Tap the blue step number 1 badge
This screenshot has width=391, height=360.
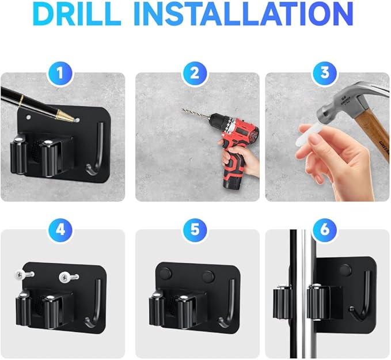coord(60,73)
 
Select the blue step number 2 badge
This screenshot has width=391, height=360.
coord(195,73)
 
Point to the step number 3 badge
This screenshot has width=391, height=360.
coord(325,73)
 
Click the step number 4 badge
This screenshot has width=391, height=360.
coord(60,229)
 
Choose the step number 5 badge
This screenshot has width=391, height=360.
coord(195,229)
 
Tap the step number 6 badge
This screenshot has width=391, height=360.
coord(325,229)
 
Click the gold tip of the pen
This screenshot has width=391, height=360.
coord(65,116)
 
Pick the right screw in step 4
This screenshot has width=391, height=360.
coord(68,277)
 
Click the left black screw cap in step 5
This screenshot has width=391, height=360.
coord(166,273)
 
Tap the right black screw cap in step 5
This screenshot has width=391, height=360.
coord(208,276)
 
